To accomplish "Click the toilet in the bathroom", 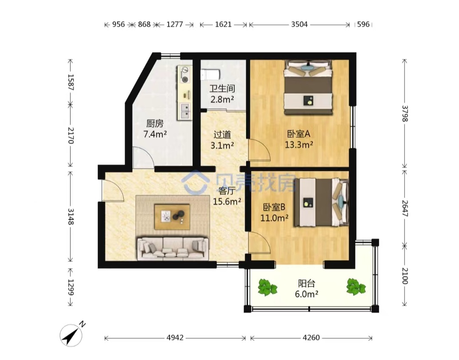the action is click(210, 74).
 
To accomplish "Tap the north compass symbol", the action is click(71, 335).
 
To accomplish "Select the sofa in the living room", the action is click(173, 249).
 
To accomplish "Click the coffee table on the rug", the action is click(172, 217).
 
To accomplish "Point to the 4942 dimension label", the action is click(175, 338).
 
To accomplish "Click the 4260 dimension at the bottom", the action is click(311, 338).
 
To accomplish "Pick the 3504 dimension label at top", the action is click(299, 24).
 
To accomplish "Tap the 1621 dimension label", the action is click(224, 24).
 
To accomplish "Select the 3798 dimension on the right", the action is click(405, 113).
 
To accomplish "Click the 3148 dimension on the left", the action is click(71, 216).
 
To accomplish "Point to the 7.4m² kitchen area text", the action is click(155, 134).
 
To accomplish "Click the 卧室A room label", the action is click(299, 134).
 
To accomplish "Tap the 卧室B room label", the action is click(274, 207).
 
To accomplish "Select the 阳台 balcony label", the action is click(306, 283).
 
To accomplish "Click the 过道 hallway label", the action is click(222, 135).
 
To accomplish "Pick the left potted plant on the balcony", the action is click(267, 287).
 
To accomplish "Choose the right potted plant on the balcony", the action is click(356, 286).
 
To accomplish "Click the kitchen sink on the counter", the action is click(185, 111).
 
